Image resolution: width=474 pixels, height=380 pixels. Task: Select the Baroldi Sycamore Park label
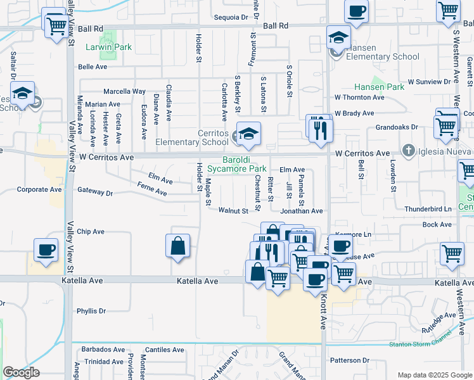(x=244, y=165)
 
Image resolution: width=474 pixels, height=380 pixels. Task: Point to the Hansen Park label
(x=379, y=86)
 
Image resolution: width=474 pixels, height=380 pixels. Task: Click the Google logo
(x=21, y=372)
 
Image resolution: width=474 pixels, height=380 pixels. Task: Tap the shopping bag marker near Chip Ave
(x=178, y=246)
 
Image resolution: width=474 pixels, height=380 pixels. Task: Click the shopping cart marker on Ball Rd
(x=56, y=25)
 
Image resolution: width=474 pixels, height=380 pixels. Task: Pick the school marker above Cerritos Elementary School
(x=249, y=133)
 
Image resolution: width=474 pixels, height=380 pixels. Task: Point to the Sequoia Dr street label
(x=231, y=18)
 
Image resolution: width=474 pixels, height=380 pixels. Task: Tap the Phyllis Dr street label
(x=91, y=311)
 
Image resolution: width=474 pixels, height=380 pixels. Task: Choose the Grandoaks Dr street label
(x=397, y=127)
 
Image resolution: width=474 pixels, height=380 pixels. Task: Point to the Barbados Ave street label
(x=101, y=349)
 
